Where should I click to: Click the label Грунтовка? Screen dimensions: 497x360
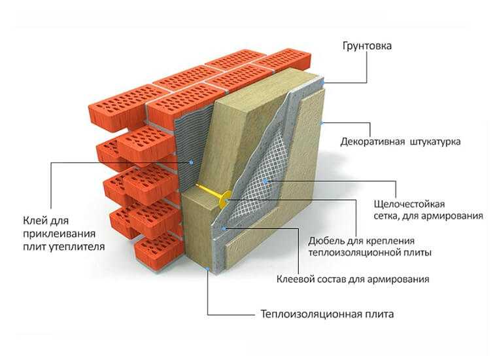pyautogui.click(x=367, y=46)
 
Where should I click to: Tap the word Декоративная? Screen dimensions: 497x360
pyautogui.click(x=373, y=141)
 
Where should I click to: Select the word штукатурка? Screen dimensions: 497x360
pyautogui.click(x=435, y=141)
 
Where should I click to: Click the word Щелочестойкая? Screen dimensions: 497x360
pyautogui.click(x=409, y=204)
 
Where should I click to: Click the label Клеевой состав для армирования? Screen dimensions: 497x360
pyautogui.click(x=352, y=279)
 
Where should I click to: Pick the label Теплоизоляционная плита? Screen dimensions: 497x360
pyautogui.click(x=327, y=314)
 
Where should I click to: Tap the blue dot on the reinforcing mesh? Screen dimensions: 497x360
pyautogui.click(x=266, y=181)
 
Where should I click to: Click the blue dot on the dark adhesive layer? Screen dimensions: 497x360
pyautogui.click(x=191, y=162)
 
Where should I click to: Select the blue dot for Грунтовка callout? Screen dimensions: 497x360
pyautogui.click(x=323, y=82)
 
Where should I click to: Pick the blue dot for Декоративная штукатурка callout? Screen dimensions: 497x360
pyautogui.click(x=321, y=123)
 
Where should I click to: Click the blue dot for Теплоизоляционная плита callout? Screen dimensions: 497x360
pyautogui.click(x=207, y=269)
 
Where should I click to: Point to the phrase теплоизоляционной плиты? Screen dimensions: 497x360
pyautogui.click(x=369, y=253)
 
